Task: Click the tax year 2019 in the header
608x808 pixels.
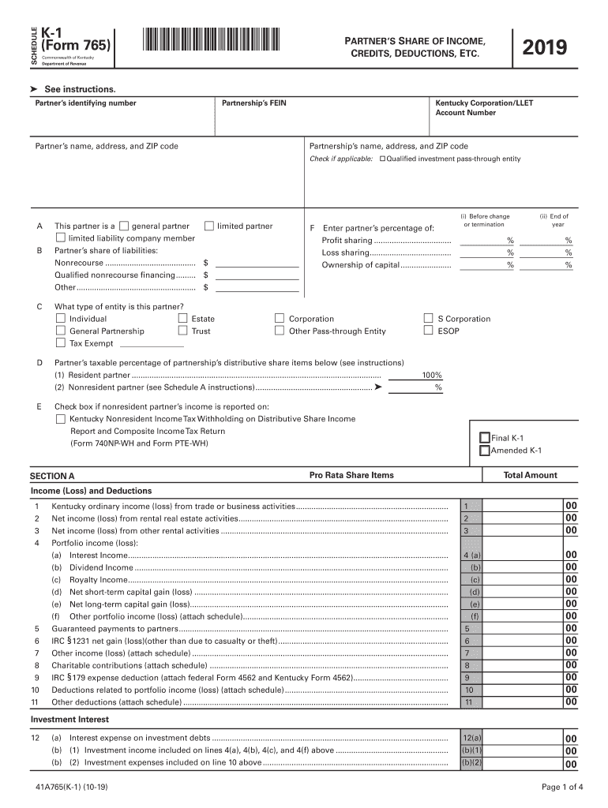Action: click(545, 48)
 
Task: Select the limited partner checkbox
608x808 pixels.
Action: click(209, 226)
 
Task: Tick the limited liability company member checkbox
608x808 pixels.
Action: click(61, 238)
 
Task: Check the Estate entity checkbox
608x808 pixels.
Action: click(183, 319)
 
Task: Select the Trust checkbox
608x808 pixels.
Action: click(183, 331)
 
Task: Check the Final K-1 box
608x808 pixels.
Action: click(485, 438)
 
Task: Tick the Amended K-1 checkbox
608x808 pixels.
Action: click(485, 451)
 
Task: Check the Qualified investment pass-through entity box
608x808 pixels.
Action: click(383, 159)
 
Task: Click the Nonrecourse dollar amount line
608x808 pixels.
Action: click(257, 262)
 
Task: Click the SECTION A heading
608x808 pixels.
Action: click(52, 476)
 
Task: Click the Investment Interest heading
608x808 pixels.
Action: click(69, 720)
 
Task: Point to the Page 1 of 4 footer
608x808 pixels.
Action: click(562, 786)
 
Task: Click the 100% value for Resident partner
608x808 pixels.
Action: click(431, 376)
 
